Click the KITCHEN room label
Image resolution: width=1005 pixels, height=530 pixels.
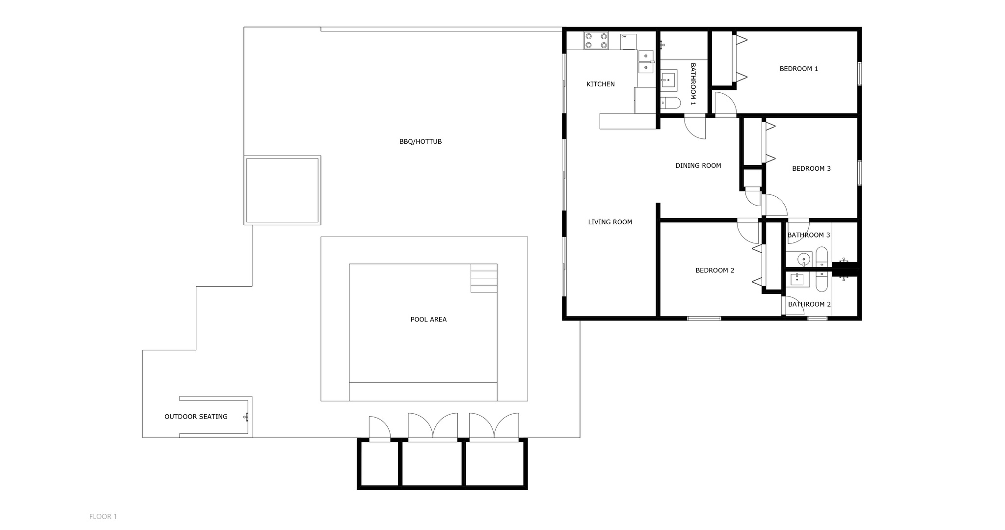click(600, 84)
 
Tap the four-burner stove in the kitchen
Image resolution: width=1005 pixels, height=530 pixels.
click(596, 41)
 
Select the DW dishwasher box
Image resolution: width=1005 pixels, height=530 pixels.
click(628, 42)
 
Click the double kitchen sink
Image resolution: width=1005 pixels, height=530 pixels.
click(645, 62)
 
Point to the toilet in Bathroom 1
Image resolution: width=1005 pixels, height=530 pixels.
click(670, 103)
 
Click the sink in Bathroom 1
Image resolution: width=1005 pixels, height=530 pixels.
click(668, 79)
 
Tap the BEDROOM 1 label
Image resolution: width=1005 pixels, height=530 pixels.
click(798, 69)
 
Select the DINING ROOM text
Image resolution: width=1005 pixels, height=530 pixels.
click(698, 166)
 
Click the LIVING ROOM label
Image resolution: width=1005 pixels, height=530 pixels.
click(610, 222)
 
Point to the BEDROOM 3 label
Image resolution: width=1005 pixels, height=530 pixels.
click(811, 169)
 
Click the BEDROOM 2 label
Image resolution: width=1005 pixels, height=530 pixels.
click(714, 270)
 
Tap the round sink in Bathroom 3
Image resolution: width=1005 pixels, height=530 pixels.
click(803, 259)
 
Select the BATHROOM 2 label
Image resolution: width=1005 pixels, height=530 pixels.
click(809, 304)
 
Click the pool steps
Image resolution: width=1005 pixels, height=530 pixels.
click(483, 278)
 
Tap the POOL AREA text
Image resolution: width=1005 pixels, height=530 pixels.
click(428, 319)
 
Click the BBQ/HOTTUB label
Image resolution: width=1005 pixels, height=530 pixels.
click(420, 142)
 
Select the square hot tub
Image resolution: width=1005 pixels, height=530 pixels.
click(282, 190)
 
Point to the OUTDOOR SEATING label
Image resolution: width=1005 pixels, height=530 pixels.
click(196, 417)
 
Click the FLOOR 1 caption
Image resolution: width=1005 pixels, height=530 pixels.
click(103, 516)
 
